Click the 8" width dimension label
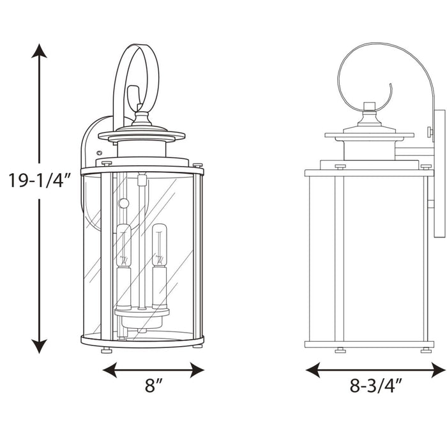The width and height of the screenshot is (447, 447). point(153,386)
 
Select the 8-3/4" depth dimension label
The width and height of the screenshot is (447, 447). point(376,386)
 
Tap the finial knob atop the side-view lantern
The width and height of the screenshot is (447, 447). point(368,105)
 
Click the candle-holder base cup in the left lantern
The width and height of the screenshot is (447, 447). point(141,313)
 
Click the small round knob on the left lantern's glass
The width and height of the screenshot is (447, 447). point(124,203)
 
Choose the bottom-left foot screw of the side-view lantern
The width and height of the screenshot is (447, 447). point(340,349)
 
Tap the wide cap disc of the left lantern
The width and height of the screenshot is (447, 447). point(142,136)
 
